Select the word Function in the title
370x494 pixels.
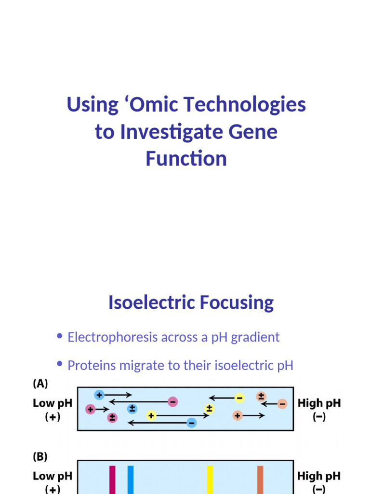click(x=186, y=159)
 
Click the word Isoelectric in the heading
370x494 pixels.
click(x=145, y=303)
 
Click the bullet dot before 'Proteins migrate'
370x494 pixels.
click(x=60, y=364)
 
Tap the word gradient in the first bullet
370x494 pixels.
click(x=255, y=337)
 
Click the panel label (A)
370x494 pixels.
click(x=40, y=384)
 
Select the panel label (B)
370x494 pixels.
click(x=40, y=456)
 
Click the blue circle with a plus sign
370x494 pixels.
click(x=99, y=395)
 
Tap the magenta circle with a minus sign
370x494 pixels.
click(x=172, y=402)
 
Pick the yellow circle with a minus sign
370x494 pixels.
click(x=239, y=398)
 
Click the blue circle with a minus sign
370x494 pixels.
click(x=191, y=423)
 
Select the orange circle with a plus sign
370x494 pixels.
click(x=238, y=415)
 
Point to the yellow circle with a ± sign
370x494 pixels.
click(x=209, y=409)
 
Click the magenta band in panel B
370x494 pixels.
click(x=112, y=480)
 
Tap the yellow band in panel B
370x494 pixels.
click(x=210, y=480)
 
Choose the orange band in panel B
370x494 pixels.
click(x=260, y=480)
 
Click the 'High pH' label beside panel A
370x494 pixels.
click(x=319, y=403)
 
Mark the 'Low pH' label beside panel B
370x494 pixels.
click(x=53, y=476)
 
